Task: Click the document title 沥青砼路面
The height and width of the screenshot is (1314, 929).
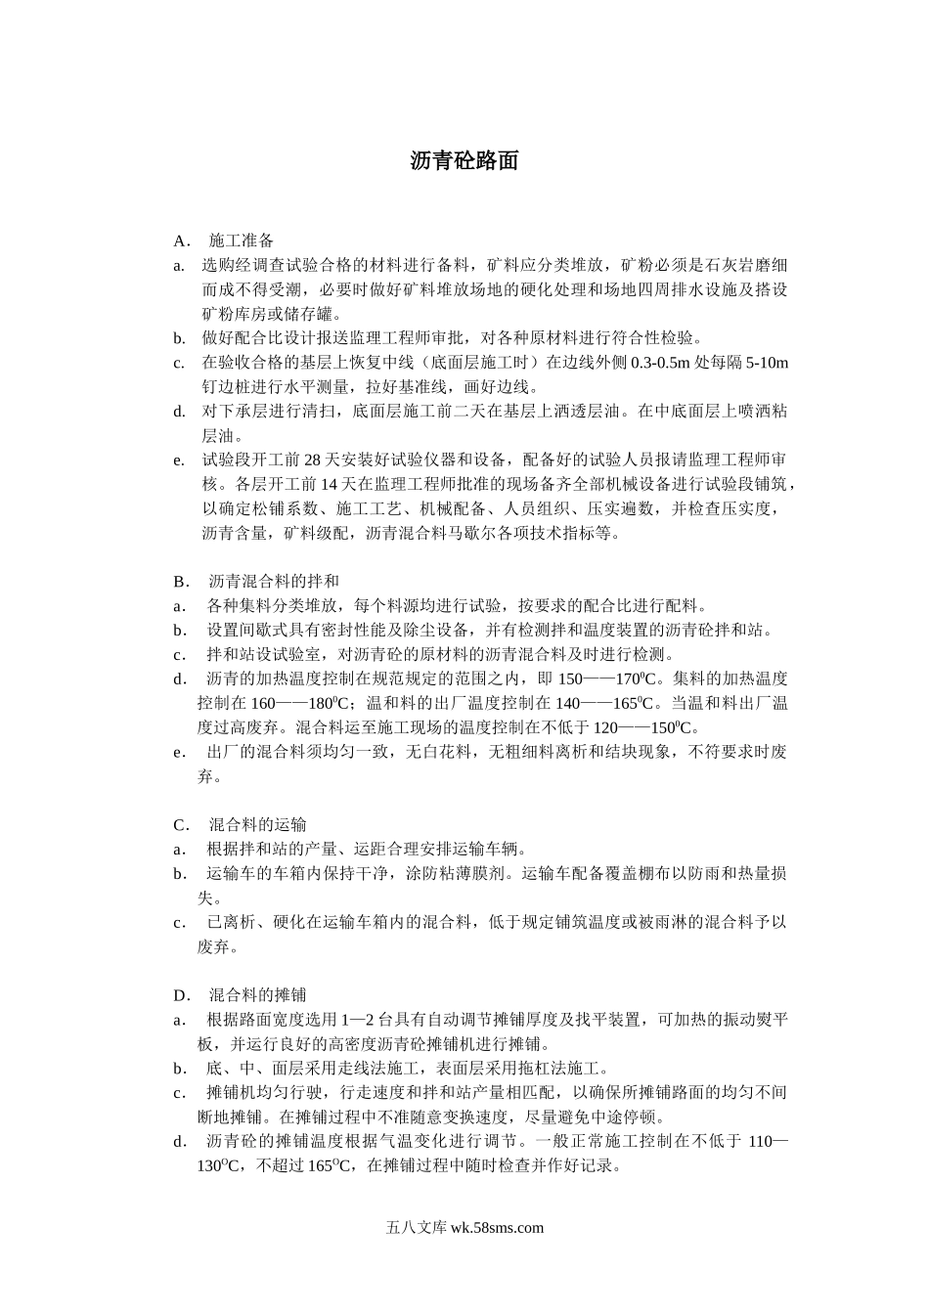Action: pyautogui.click(x=464, y=161)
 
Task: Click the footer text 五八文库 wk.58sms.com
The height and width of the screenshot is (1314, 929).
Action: pyautogui.click(x=464, y=1228)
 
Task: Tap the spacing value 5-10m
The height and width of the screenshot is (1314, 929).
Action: pyautogui.click(x=767, y=363)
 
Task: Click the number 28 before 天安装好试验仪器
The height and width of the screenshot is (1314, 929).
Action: pyautogui.click(x=314, y=460)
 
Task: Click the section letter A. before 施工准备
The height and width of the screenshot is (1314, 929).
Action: pyautogui.click(x=181, y=241)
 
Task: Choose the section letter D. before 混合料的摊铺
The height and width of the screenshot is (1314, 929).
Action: pyautogui.click(x=182, y=995)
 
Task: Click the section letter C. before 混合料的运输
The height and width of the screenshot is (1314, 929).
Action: pyautogui.click(x=181, y=825)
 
